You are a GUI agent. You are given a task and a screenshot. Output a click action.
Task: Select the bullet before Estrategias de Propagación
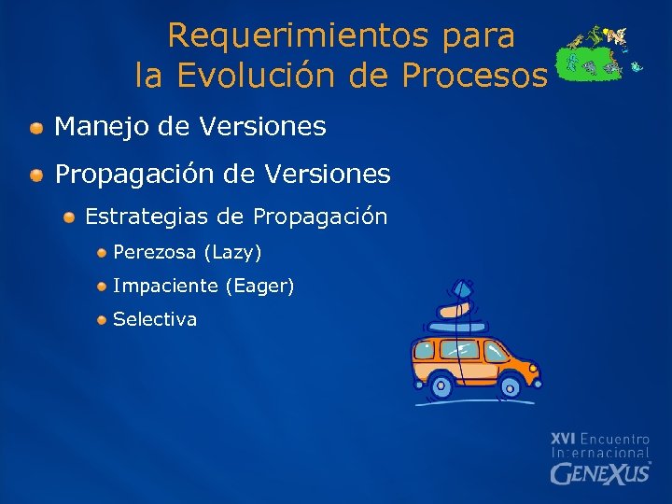[x=70, y=217]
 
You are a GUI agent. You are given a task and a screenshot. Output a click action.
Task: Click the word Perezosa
[x=155, y=253]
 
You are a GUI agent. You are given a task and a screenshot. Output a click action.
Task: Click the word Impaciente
[x=166, y=287]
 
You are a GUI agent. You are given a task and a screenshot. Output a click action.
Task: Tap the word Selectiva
[x=155, y=319]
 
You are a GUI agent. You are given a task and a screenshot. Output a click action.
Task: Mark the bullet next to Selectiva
[x=101, y=320]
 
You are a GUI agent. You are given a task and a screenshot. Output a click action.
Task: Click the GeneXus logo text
[x=599, y=473]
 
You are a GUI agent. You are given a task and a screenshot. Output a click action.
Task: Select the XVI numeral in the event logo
[x=562, y=438]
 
